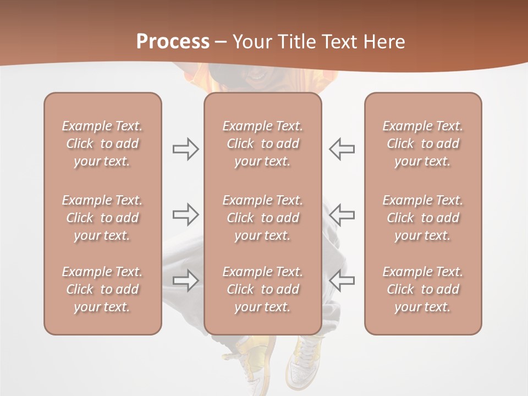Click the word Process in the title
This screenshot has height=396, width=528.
tap(173, 42)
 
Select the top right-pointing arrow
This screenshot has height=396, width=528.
tap(186, 149)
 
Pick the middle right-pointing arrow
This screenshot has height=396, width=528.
tap(186, 215)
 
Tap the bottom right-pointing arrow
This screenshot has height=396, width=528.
tap(186, 280)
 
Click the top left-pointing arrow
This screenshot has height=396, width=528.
tap(342, 149)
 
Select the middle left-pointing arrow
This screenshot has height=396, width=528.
tap(342, 215)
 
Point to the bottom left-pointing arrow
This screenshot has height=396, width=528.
tap(342, 280)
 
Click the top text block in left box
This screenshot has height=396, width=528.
tap(102, 144)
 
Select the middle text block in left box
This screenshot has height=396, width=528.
tap(102, 218)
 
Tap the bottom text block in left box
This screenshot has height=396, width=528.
tap(102, 289)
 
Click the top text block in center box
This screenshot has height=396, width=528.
tap(262, 144)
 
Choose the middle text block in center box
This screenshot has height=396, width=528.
tap(262, 218)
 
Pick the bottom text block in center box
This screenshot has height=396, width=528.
tap(262, 289)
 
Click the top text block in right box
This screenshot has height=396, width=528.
tap(422, 144)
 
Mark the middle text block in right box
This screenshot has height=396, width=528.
tap(422, 218)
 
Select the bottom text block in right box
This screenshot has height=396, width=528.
tap(422, 289)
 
